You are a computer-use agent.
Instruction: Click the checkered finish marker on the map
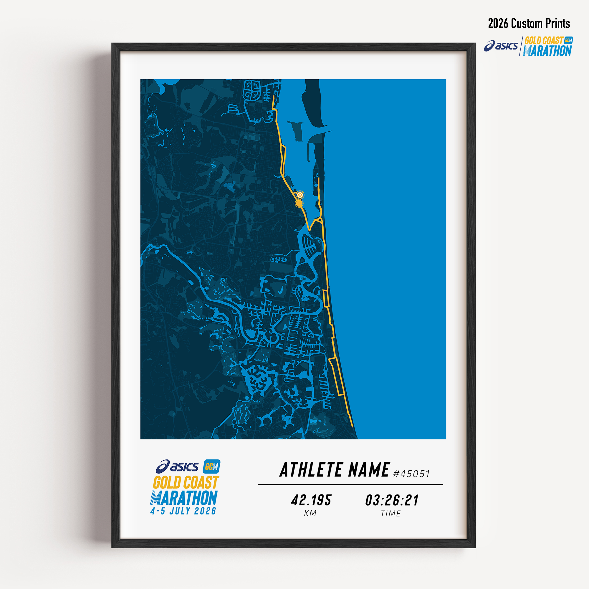301,194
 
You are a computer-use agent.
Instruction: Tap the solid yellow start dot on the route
300,203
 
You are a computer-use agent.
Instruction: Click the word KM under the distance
310,513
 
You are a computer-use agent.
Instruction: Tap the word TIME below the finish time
391,514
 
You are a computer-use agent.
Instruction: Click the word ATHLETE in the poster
311,470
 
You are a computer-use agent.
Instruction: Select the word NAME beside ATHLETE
369,470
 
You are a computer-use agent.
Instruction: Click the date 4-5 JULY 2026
183,511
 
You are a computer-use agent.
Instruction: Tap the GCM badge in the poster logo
211,466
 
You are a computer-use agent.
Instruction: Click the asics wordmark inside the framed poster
177,466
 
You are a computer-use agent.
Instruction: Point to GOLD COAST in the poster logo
186,483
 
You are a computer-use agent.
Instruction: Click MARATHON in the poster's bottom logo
184,498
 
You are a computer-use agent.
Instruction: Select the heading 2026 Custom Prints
529,24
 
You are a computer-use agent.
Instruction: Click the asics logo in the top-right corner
501,46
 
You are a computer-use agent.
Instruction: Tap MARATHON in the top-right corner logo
547,51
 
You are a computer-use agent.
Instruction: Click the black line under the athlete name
350,484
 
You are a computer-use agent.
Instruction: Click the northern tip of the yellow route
274,96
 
